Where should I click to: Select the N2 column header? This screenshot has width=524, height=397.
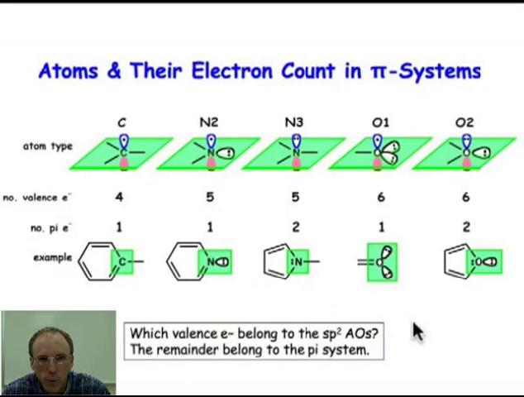tap(209, 122)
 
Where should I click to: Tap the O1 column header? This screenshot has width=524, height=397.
tap(380, 122)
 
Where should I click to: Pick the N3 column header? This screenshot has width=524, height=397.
tap(293, 122)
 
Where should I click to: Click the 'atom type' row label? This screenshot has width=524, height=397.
tap(47, 146)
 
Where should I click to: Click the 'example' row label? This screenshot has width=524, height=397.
tap(53, 257)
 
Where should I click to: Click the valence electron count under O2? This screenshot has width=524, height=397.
tap(466, 197)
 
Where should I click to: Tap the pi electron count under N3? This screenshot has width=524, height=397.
tap(295, 227)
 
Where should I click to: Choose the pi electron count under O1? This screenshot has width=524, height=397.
tap(381, 227)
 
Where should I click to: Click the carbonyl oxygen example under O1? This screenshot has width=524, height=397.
tap(382, 262)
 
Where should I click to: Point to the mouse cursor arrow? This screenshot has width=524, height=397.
tap(417, 331)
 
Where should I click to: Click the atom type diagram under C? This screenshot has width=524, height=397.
tap(122, 152)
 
